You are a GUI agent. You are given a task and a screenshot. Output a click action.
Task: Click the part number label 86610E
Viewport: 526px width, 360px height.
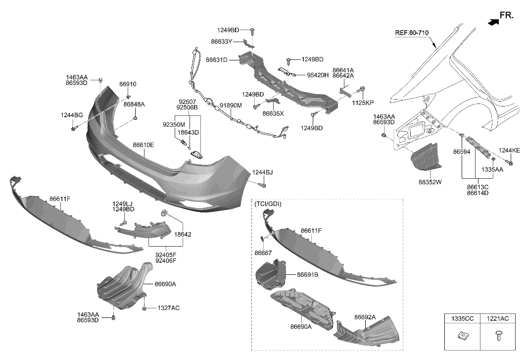pyautogui.click(x=143, y=145)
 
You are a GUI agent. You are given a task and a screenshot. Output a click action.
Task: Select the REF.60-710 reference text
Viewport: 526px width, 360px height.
pyautogui.click(x=411, y=33)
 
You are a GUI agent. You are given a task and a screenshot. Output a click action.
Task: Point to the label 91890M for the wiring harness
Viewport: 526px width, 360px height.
pyautogui.click(x=231, y=105)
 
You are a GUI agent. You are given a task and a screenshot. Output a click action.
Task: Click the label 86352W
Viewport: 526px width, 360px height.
pyautogui.click(x=430, y=182)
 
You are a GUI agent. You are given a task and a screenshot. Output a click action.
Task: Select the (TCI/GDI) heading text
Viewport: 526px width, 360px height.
pyautogui.click(x=267, y=204)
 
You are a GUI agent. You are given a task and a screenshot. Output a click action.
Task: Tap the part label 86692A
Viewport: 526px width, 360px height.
pyautogui.click(x=365, y=317)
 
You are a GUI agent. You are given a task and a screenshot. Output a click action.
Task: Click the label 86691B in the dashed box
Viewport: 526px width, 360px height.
pyautogui.click(x=307, y=274)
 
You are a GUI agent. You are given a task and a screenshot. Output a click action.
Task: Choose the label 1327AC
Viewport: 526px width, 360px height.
pyautogui.click(x=169, y=308)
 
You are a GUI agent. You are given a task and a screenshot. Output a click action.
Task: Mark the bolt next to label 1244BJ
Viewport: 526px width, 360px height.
pyautogui.click(x=263, y=185)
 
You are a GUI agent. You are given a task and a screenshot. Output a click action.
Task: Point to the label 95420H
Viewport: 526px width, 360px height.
pyautogui.click(x=318, y=75)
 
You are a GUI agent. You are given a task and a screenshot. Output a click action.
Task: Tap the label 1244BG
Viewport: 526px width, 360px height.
pyautogui.click(x=72, y=115)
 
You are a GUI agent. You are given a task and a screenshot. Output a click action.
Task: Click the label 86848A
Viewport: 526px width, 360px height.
pyautogui.click(x=134, y=104)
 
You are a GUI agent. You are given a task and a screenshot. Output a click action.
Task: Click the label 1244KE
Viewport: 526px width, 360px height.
pyautogui.click(x=509, y=150)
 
